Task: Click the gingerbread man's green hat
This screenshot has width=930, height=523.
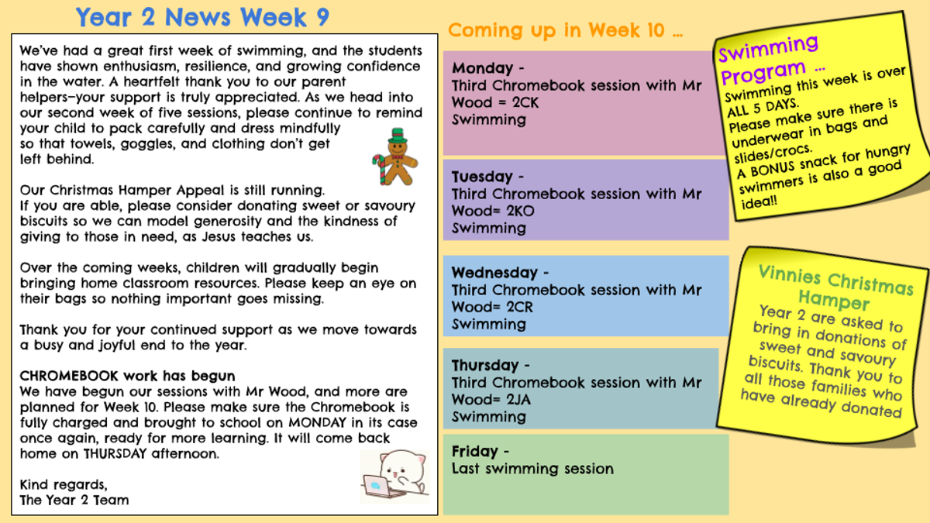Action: [398, 136]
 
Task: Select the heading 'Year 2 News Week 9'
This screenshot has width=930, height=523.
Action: [202, 17]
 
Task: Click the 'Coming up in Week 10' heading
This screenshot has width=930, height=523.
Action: [565, 30]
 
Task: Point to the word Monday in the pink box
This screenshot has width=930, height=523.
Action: [482, 67]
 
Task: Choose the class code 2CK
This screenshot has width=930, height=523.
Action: [525, 102]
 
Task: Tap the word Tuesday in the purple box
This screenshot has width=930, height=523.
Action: [482, 177]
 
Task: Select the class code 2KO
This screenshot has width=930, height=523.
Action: [520, 212]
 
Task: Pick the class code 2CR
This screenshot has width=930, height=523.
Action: [519, 307]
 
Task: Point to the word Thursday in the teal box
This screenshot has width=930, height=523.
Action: [485, 365]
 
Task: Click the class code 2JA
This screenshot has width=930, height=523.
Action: [518, 400]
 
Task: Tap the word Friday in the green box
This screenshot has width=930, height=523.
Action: [474, 451]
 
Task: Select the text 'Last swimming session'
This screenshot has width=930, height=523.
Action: [532, 469]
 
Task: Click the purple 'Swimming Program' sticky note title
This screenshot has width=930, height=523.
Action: [769, 60]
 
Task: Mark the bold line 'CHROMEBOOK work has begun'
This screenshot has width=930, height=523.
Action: [127, 376]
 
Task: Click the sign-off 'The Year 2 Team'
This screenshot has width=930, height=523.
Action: [74, 501]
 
